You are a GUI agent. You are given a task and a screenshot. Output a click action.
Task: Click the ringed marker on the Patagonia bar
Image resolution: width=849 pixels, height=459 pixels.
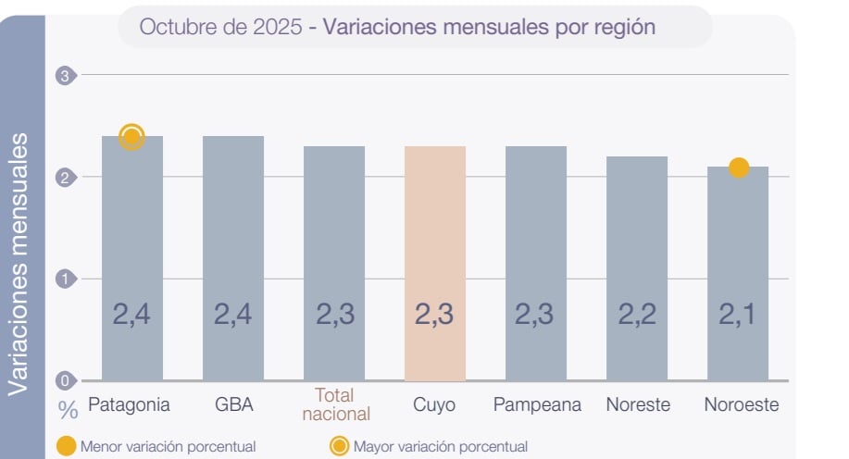[x=132, y=138]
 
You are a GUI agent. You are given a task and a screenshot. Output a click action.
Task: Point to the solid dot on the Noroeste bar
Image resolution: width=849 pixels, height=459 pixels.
[x=738, y=167]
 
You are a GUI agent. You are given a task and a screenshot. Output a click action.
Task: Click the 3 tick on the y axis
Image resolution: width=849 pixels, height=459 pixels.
[x=65, y=75]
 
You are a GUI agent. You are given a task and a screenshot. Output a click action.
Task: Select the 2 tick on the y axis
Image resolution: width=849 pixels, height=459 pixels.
[x=65, y=177]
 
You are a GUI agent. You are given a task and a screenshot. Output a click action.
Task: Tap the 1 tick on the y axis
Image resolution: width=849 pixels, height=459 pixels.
[x=65, y=279]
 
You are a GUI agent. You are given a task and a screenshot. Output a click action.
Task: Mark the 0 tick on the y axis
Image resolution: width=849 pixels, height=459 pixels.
[x=65, y=380]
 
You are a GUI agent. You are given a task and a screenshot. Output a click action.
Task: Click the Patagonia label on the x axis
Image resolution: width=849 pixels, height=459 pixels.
[x=129, y=404]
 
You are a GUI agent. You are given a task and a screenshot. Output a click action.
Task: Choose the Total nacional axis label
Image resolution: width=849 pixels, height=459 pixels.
[x=335, y=404]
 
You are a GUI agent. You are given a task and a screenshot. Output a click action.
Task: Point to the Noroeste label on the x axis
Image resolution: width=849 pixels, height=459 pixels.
[x=741, y=404]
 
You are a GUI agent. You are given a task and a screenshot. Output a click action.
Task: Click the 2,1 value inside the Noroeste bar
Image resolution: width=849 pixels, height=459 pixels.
[x=738, y=315]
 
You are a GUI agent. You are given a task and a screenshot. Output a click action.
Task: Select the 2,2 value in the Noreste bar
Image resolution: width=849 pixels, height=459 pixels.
[x=637, y=315]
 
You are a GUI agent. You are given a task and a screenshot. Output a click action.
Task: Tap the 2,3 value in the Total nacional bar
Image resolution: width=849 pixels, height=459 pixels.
[x=334, y=315]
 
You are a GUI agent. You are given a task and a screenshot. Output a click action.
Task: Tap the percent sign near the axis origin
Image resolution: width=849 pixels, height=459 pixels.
[x=68, y=407]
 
